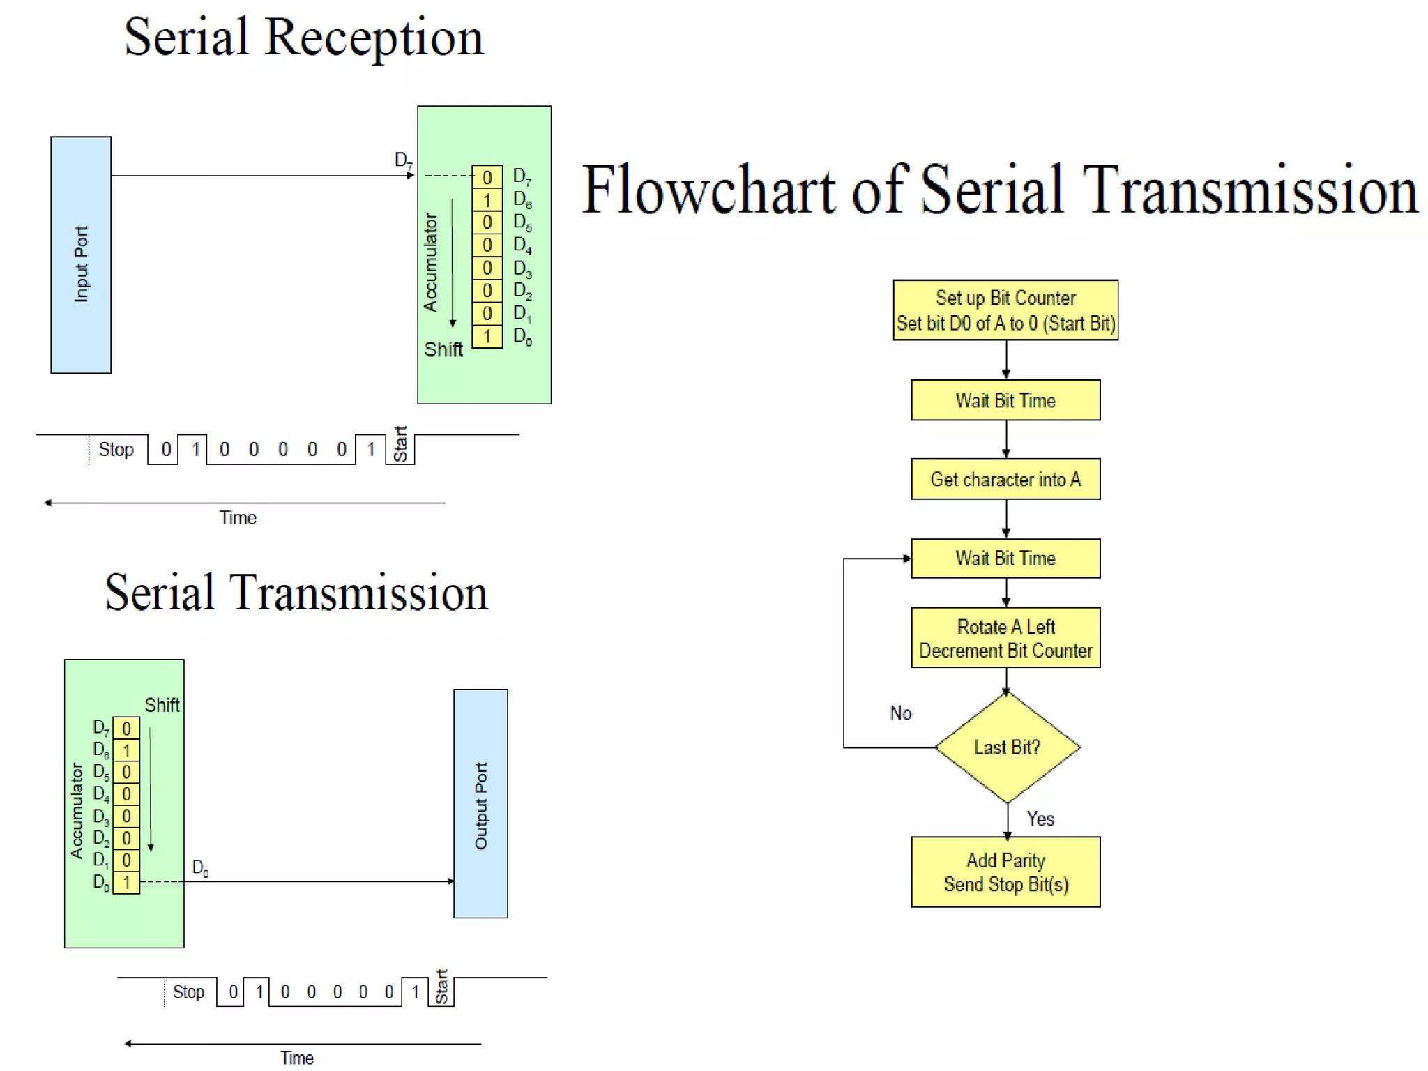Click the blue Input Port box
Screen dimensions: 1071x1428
(x=81, y=255)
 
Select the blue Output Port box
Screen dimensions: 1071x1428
(x=480, y=803)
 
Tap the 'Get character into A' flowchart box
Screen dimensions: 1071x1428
(x=1005, y=479)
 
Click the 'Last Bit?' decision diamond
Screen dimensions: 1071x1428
(x=1007, y=747)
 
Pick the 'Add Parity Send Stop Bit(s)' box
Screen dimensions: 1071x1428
(x=1005, y=872)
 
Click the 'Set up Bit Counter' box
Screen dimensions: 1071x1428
(x=1005, y=310)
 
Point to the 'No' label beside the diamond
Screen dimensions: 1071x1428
(x=901, y=713)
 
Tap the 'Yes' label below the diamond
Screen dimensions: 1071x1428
(x=1040, y=819)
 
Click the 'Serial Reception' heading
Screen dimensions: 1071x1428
(x=304, y=38)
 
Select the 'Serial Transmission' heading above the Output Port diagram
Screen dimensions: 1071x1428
(x=296, y=593)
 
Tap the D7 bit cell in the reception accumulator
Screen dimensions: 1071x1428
(x=487, y=177)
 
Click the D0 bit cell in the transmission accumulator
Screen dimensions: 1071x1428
(x=126, y=883)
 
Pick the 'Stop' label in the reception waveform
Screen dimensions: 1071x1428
(x=116, y=450)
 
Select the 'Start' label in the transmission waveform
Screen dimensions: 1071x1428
(x=441, y=987)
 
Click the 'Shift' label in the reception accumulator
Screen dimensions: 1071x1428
(x=443, y=349)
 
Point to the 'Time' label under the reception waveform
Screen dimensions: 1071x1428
(x=238, y=518)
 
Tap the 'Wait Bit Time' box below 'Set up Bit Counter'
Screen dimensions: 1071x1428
(x=1005, y=400)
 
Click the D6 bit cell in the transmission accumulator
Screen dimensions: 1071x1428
(x=126, y=751)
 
